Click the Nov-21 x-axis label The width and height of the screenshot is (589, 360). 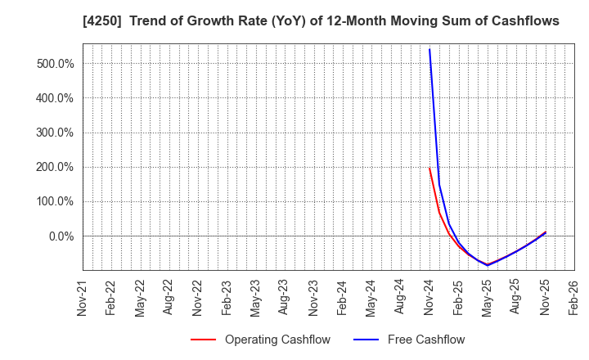point(83,298)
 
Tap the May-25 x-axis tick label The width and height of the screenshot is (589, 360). point(487,298)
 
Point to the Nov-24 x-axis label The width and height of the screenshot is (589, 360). point(429,298)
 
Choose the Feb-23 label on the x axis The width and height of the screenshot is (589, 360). point(227,298)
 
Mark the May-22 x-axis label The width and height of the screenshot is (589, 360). point(140,298)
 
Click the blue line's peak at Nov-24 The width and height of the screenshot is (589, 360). point(429,49)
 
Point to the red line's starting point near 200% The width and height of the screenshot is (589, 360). point(429,169)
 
